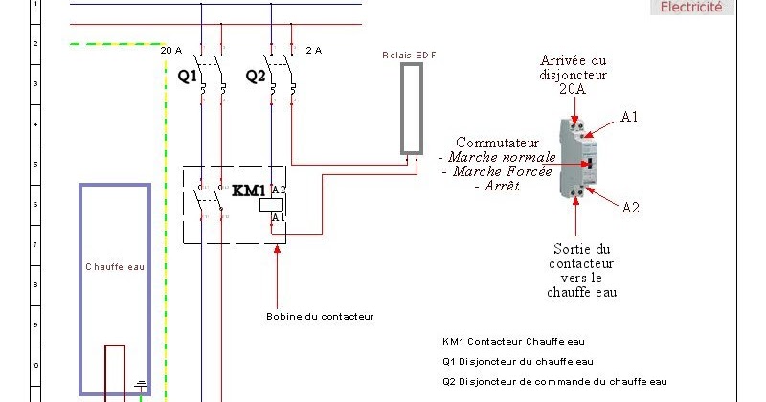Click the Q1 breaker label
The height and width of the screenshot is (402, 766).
pyautogui.click(x=187, y=75)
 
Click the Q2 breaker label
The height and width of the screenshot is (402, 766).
pyautogui.click(x=256, y=75)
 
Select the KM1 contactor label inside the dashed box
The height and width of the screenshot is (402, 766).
pyautogui.click(x=249, y=190)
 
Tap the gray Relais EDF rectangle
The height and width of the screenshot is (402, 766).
pyautogui.click(x=411, y=107)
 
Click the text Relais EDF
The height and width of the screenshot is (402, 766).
pyautogui.click(x=409, y=56)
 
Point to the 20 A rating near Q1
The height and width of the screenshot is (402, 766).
pyautogui.click(x=171, y=50)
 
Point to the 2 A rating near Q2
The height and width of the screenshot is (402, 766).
pyautogui.click(x=313, y=50)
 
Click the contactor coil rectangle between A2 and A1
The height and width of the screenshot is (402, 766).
pyautogui.click(x=272, y=204)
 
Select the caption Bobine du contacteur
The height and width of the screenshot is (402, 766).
pyautogui.click(x=319, y=316)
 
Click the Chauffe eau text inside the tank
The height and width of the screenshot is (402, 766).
pyautogui.click(x=115, y=267)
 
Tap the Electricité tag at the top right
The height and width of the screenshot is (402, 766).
pyautogui.click(x=692, y=8)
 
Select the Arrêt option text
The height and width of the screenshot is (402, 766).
pyautogui.click(x=496, y=187)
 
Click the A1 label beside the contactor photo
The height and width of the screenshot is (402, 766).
pyautogui.click(x=629, y=117)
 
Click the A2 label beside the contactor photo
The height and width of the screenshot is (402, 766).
pyautogui.click(x=630, y=207)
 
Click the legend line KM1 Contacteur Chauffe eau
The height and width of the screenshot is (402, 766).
pyautogui.click(x=512, y=341)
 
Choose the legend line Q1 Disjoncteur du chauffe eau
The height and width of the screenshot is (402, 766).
pyautogui.click(x=517, y=361)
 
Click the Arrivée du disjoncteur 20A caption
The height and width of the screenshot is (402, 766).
pyautogui.click(x=574, y=74)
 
